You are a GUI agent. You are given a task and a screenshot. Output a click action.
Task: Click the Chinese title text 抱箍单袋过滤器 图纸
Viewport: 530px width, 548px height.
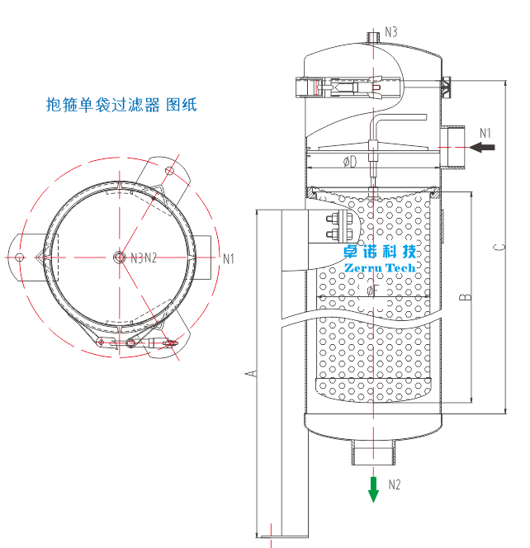(121, 105)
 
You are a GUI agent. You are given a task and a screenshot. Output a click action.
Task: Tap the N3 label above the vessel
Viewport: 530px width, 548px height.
(390, 31)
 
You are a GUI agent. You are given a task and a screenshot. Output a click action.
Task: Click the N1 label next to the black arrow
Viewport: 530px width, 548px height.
(485, 132)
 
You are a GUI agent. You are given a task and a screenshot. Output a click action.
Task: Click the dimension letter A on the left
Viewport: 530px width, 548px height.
(253, 374)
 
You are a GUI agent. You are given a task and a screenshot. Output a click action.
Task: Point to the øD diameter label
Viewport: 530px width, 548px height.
(350, 162)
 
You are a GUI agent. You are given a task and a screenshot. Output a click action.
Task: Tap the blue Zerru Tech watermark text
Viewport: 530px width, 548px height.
(381, 268)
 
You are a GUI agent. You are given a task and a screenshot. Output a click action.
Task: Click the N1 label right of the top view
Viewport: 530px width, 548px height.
(230, 258)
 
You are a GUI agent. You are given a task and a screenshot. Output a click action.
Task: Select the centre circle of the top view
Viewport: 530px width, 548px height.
(119, 257)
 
